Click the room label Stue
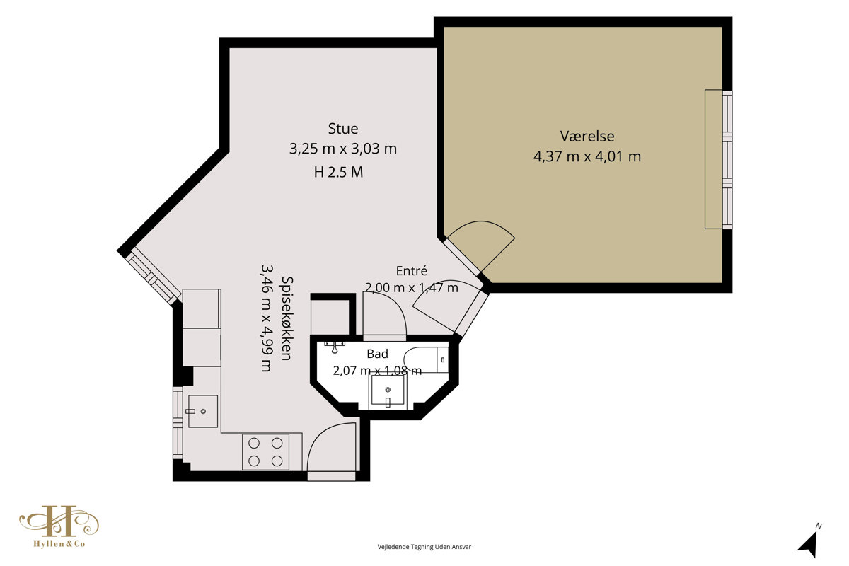tap(343, 129)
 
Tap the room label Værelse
tap(587, 136)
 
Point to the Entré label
tap(412, 271)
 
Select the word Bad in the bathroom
tap(378, 354)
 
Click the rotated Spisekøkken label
tap(287, 318)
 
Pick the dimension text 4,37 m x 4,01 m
tap(587, 156)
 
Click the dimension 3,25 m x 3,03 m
tap(343, 149)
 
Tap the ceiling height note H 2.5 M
tap(338, 173)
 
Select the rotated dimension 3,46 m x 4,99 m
tap(267, 318)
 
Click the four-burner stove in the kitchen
tap(266, 452)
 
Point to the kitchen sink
tap(203, 411)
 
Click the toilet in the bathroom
tap(426, 359)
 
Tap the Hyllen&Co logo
tap(59, 526)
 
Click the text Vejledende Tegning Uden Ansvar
tap(424, 547)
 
